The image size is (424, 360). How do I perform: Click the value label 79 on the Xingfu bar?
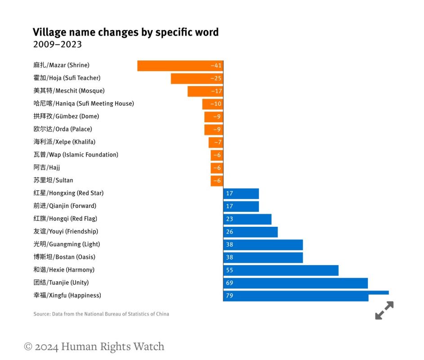pos(230,296)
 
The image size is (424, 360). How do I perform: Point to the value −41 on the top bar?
pos(216,66)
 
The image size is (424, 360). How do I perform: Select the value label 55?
pos(230,270)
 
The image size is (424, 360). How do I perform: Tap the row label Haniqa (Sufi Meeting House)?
pos(84,103)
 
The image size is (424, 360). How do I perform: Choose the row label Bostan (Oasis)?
pos(64,257)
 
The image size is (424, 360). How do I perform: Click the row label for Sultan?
pos(53,180)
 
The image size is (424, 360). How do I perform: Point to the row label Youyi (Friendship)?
pos(66,231)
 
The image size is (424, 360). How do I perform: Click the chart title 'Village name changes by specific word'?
pos(126,32)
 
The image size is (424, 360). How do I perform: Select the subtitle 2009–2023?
pos(58,45)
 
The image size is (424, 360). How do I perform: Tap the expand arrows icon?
pos(384,310)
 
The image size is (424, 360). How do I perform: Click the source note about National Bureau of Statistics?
pos(101,314)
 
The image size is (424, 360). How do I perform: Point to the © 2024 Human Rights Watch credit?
pos(94,346)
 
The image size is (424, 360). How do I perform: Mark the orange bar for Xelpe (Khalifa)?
pos(215,142)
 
